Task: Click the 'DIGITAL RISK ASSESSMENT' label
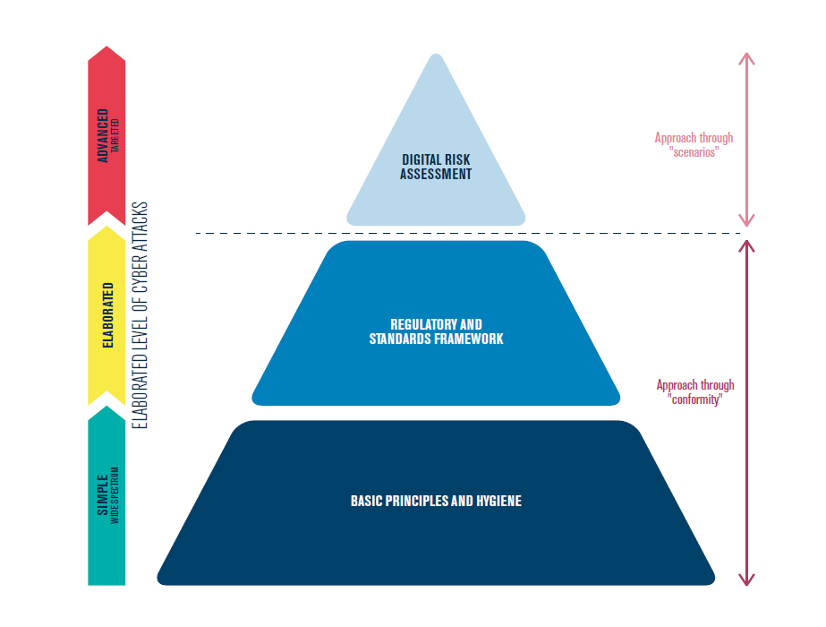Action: [x=436, y=167]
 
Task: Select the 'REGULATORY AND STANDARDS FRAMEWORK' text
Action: [x=436, y=331]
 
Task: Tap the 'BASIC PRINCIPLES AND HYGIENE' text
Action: [x=436, y=501]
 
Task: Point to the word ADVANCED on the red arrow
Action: [x=103, y=135]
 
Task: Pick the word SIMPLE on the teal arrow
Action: [x=102, y=494]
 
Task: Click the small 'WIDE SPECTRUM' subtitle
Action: [x=115, y=494]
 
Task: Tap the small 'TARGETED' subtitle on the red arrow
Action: [x=115, y=135]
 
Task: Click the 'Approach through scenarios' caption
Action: [x=694, y=145]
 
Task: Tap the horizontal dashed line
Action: [x=447, y=234]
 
